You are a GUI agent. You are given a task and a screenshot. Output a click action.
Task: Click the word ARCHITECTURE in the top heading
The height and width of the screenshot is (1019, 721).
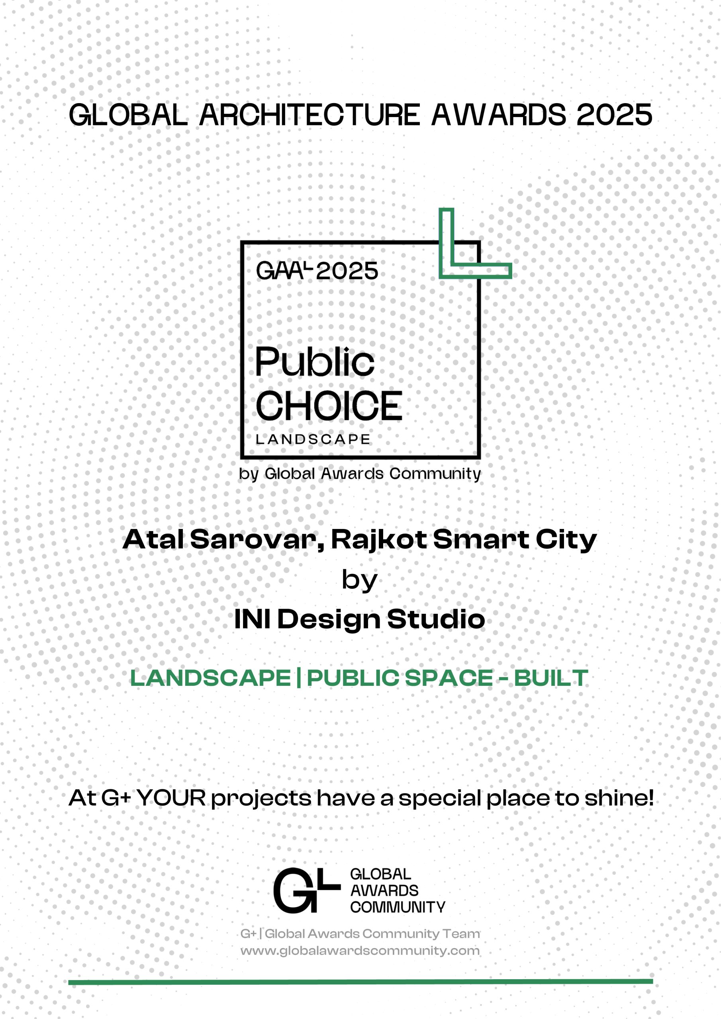point(310,115)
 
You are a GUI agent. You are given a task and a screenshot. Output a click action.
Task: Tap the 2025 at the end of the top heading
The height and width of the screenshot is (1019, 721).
point(614,115)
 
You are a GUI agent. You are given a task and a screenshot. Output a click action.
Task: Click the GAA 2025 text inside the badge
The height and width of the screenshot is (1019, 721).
point(317,270)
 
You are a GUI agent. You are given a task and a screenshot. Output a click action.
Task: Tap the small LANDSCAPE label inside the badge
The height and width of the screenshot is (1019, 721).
point(313,439)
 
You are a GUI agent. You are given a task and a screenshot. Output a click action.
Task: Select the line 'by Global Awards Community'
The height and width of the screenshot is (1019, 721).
point(360,474)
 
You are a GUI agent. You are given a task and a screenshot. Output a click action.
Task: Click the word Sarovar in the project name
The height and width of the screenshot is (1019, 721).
point(257,540)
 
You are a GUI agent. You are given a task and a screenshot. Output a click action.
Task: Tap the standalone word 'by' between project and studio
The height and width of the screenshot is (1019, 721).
point(359,580)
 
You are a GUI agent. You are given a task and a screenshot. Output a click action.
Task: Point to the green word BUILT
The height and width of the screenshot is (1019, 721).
point(551,678)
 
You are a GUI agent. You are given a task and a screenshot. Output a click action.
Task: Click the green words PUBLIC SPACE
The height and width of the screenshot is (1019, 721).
point(400,678)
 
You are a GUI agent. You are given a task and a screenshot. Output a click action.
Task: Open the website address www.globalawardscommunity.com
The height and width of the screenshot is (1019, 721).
point(360,951)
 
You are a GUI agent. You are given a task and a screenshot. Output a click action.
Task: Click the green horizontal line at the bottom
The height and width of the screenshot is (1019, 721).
point(360,982)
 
